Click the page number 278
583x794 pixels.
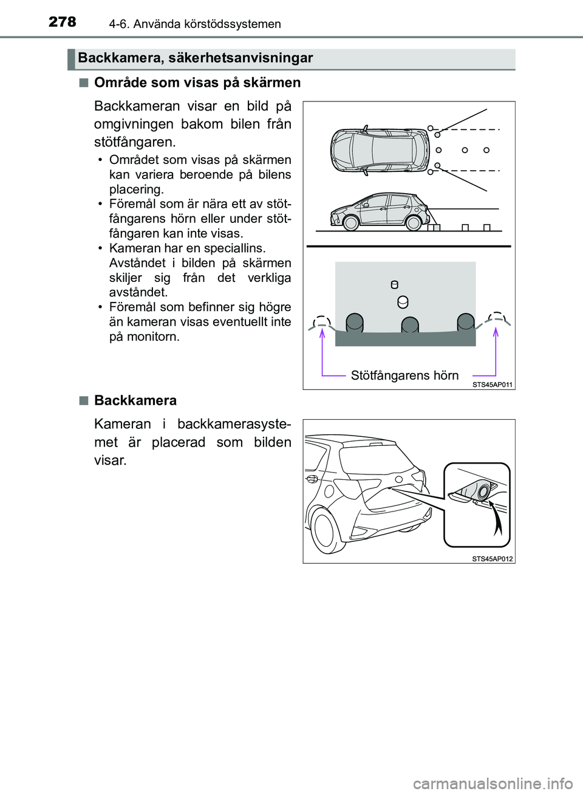[x=62, y=22]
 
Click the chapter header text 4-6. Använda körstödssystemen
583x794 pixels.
[x=195, y=24]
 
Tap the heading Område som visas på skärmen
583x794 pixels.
[x=197, y=83]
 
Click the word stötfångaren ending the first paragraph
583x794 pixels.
[x=134, y=142]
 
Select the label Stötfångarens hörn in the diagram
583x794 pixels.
[x=404, y=375]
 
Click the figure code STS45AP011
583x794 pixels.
[x=492, y=385]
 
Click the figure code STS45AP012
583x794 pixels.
[x=492, y=559]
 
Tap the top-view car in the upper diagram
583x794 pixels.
[x=380, y=150]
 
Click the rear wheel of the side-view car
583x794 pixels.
[x=414, y=223]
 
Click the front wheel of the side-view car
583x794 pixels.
[x=351, y=223]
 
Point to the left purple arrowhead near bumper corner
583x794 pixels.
[x=322, y=332]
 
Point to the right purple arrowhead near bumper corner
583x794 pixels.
[x=496, y=331]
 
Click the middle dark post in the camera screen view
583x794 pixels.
[x=410, y=325]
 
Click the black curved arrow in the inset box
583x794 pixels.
[x=497, y=521]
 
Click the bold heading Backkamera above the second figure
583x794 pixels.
[x=135, y=401]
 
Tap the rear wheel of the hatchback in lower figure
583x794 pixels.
[x=325, y=529]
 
